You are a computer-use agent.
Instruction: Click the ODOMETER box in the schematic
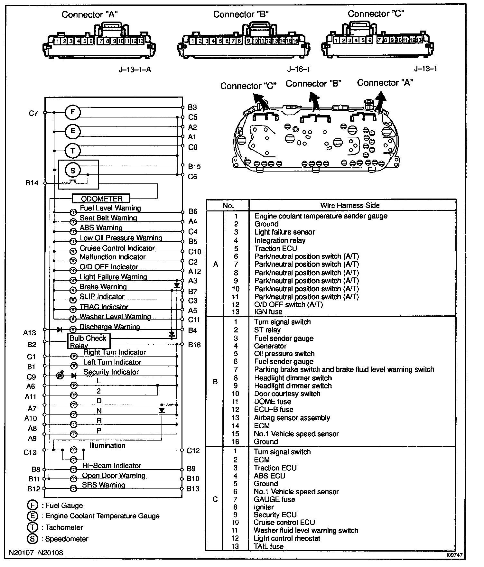coord(101,198)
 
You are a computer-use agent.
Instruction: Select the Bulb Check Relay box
coord(88,341)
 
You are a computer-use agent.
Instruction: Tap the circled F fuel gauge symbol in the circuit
coord(73,112)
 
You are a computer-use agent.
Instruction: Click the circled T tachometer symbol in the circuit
coord(73,151)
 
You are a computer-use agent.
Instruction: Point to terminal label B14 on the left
coord(32,183)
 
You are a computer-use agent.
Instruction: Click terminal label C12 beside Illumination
coord(193,451)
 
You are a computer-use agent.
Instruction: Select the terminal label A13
coord(30,332)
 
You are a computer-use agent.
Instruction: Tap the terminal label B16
coord(194,345)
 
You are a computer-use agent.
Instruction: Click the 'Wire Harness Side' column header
coord(350,205)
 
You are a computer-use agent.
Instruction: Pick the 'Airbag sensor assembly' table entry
coord(292,418)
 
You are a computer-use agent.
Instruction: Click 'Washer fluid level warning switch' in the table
coord(306,530)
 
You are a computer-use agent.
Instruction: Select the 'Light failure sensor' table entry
coord(284,232)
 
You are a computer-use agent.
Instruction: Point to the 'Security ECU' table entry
coord(275,515)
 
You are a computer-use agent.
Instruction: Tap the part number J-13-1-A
coord(135,70)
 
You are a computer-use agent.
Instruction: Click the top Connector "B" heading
coord(241,14)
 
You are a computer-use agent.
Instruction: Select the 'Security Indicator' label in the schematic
coord(111,372)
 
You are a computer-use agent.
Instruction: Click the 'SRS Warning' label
coord(104,485)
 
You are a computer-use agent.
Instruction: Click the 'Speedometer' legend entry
coord(67,539)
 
